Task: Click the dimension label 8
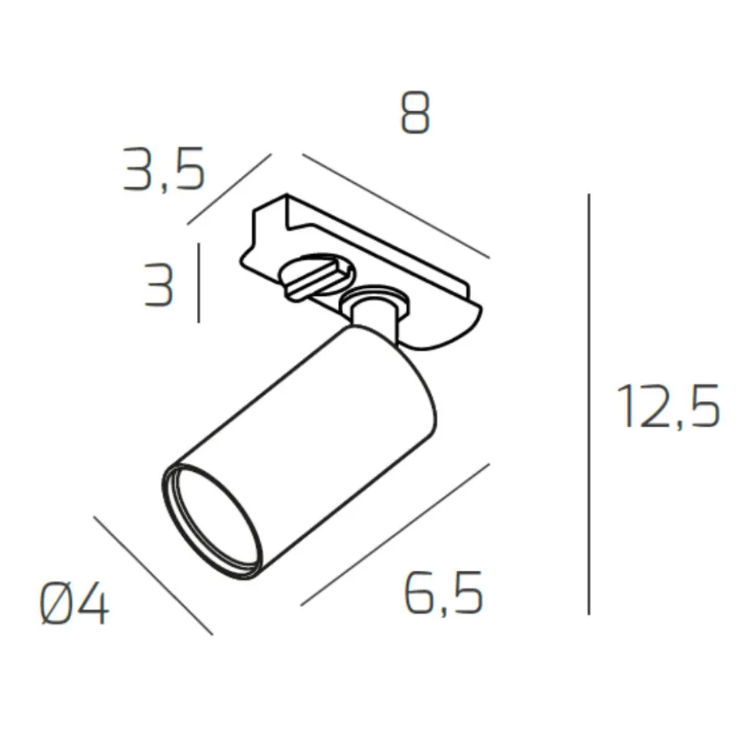415,113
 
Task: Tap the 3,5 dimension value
164,170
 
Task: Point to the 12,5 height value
668,406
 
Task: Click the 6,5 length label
443,593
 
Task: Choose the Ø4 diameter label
74,604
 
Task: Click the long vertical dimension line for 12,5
588,404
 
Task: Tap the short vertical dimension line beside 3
198,283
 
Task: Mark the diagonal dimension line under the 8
396,205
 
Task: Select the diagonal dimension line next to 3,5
229,189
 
